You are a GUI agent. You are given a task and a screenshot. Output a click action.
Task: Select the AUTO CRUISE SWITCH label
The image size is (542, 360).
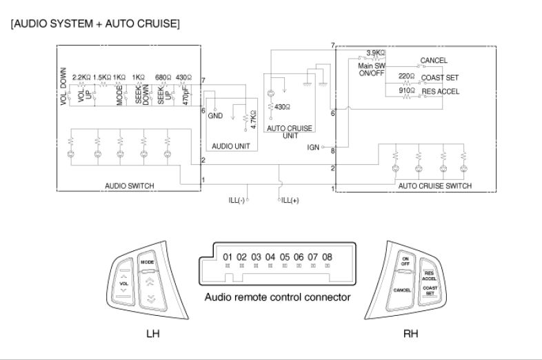(x=434, y=186)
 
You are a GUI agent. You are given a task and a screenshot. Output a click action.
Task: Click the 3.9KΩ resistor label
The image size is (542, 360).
(x=375, y=52)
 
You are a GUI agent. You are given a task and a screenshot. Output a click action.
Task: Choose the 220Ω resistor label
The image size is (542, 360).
(x=406, y=77)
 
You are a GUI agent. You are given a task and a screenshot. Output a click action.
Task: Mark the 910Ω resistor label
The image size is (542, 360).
(x=406, y=90)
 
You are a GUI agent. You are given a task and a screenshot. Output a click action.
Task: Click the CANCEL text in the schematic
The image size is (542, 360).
(x=434, y=61)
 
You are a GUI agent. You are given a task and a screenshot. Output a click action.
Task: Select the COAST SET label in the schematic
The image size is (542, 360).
(x=439, y=78)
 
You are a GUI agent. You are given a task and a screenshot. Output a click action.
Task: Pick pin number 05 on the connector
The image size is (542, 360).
(x=284, y=257)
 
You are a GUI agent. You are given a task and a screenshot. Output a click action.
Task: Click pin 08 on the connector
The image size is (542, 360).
(x=327, y=257)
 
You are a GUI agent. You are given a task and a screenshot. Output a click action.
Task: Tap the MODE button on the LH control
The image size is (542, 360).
(x=147, y=263)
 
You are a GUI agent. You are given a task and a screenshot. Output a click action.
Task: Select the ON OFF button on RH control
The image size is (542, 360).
(x=405, y=261)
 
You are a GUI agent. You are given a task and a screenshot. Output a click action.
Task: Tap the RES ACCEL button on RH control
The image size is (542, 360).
(x=429, y=274)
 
